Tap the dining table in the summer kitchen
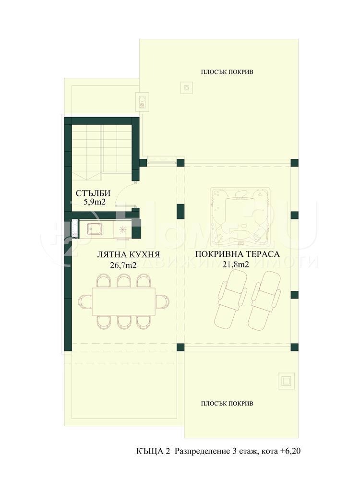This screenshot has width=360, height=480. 124,301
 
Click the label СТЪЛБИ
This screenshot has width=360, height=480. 93,193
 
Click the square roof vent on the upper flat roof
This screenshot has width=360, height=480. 186,87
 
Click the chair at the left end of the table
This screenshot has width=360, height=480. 85,301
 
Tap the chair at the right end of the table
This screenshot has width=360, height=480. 163,301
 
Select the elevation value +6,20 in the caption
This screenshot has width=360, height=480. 289,451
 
